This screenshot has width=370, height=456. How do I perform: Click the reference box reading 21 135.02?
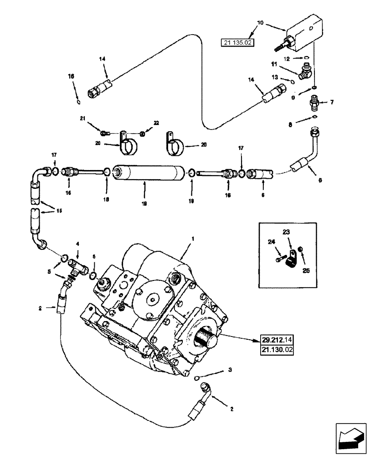[238, 43]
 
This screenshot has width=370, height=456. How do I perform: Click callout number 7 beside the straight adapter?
[332, 102]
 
